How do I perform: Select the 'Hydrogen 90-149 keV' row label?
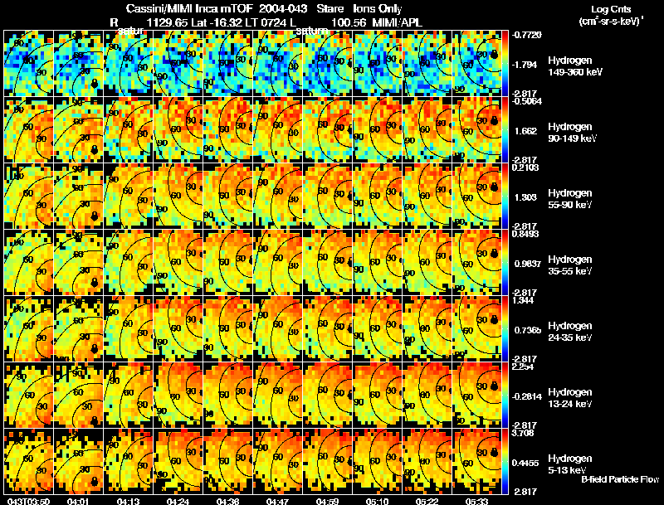click(x=570, y=133)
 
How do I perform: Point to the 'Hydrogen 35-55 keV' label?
click(x=570, y=265)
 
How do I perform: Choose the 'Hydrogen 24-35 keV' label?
click(x=570, y=332)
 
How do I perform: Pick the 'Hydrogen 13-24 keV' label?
click(x=570, y=397)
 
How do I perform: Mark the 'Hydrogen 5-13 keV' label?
click(x=570, y=464)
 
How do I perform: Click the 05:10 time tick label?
click(x=378, y=500)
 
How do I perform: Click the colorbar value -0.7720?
click(x=528, y=36)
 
